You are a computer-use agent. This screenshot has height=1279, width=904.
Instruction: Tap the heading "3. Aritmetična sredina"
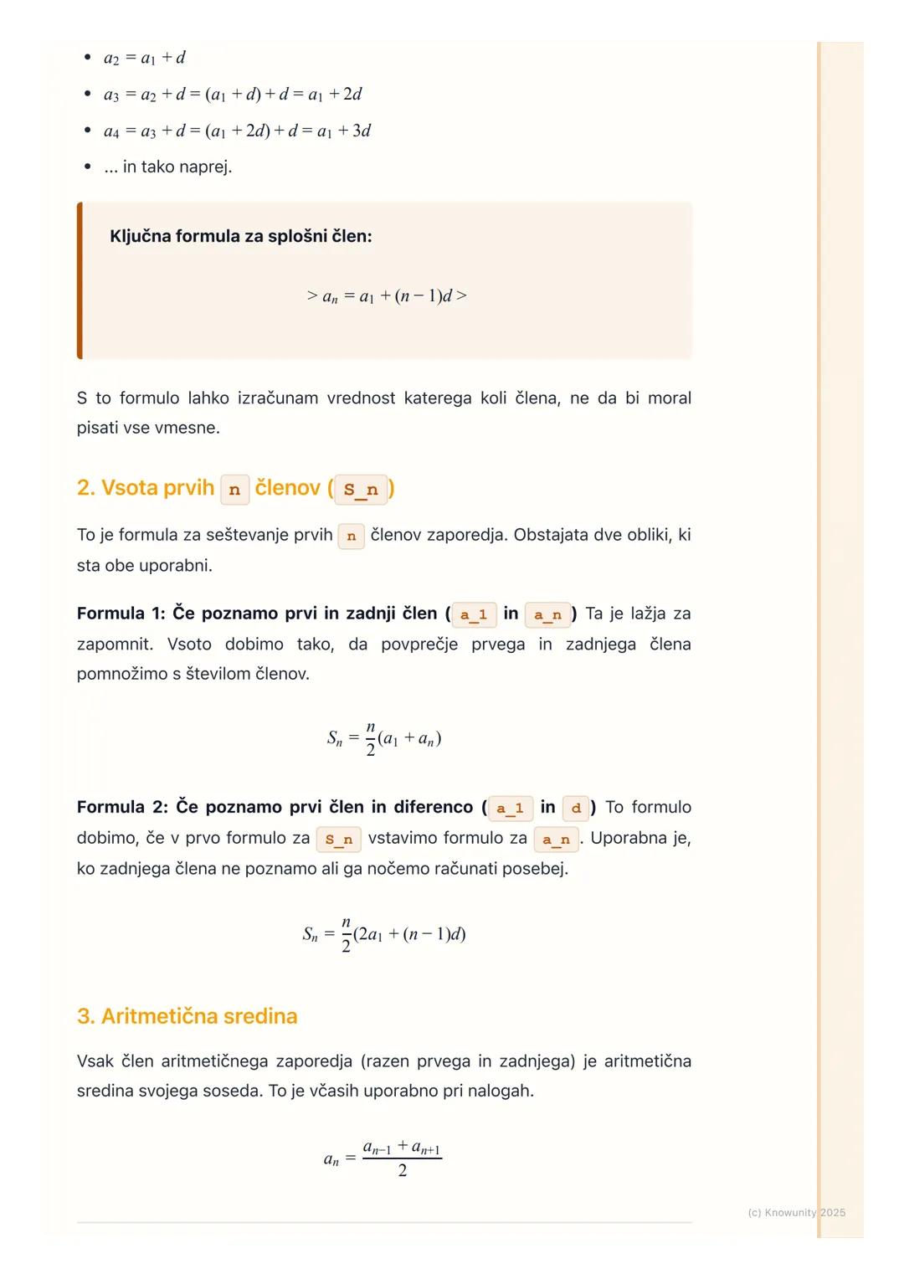187,1016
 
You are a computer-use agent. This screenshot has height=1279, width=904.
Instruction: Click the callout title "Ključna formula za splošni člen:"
240,236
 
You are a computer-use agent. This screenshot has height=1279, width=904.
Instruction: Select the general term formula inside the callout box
387,296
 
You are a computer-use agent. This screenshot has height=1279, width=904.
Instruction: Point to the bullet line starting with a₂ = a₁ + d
144,58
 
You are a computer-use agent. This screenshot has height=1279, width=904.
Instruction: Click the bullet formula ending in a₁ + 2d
233,95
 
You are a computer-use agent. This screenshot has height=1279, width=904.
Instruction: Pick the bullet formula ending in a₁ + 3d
237,131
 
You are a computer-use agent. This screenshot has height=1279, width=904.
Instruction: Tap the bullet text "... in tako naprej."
168,167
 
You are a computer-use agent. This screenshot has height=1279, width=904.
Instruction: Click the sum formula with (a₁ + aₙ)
384,738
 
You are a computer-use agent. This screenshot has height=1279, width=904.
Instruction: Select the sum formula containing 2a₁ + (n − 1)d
384,934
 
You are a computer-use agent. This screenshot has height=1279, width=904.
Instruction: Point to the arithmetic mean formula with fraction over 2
383,1158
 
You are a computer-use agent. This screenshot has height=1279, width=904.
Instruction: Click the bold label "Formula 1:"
121,614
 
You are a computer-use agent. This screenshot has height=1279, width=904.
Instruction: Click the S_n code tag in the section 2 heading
361,490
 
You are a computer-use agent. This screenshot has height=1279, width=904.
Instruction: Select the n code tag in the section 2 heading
234,490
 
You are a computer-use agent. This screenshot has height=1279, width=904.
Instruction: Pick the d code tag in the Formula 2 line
576,809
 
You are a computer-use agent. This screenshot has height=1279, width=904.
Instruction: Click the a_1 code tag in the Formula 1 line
474,615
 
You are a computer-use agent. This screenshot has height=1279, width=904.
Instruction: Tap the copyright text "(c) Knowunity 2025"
796,1212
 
